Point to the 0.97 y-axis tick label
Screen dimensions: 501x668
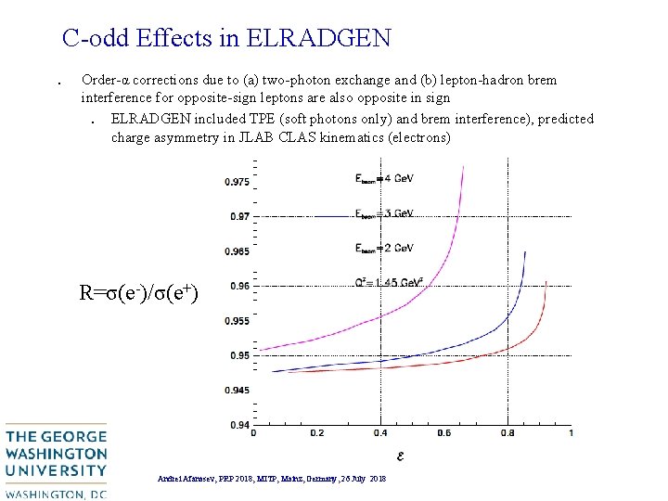pyautogui.click(x=238, y=216)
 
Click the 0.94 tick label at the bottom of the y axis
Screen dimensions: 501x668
pyautogui.click(x=238, y=425)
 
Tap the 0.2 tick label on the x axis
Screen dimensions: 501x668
pyautogui.click(x=317, y=433)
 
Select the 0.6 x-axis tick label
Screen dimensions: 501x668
pyautogui.click(x=443, y=433)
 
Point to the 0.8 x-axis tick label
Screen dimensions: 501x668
pyautogui.click(x=507, y=433)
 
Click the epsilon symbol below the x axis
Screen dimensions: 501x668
pyautogui.click(x=400, y=455)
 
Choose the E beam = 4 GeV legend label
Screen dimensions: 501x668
pyautogui.click(x=384, y=178)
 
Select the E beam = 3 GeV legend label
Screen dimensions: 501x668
pyautogui.click(x=384, y=213)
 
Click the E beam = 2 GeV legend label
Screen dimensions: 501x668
pyautogui.click(x=384, y=248)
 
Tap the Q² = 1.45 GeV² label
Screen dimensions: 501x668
pyautogui.click(x=390, y=282)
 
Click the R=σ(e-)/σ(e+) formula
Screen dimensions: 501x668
pyautogui.click(x=139, y=294)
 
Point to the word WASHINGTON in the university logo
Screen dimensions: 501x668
pyautogui.click(x=57, y=454)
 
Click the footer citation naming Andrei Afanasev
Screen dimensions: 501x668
pyautogui.click(x=273, y=478)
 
